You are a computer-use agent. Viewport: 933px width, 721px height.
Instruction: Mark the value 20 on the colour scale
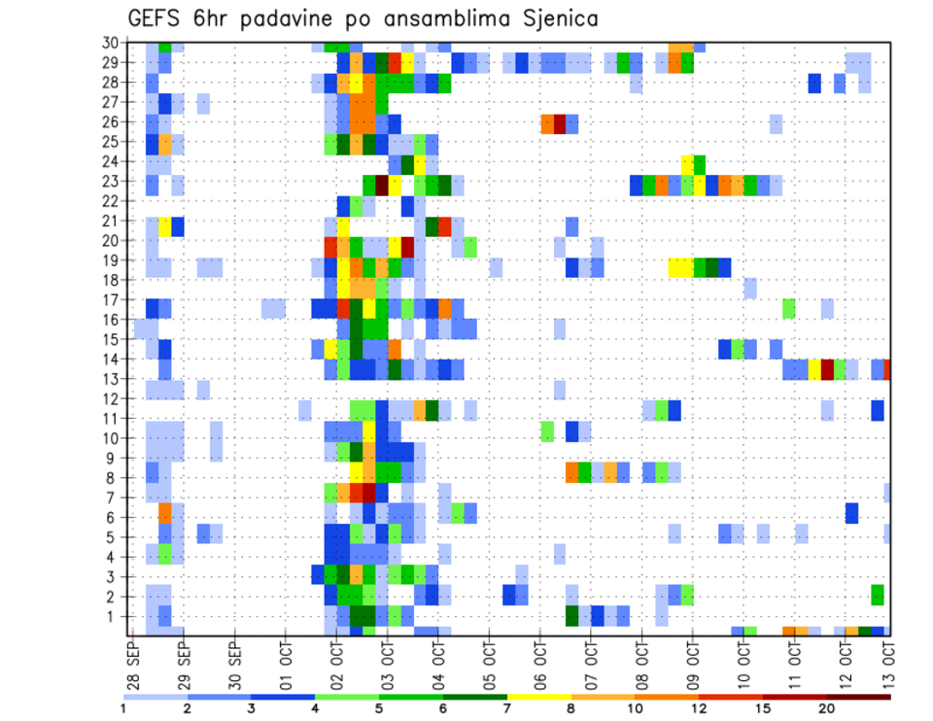(x=827, y=708)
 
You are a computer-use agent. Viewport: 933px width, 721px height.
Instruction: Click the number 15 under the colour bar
(x=763, y=708)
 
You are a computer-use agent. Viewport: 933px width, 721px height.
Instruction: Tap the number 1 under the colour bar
(x=123, y=708)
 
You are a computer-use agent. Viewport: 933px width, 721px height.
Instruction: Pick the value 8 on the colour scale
(x=571, y=708)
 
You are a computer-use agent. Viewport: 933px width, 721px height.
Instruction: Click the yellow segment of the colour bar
(x=539, y=696)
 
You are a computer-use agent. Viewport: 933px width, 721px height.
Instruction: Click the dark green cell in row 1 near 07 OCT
(x=571, y=615)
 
